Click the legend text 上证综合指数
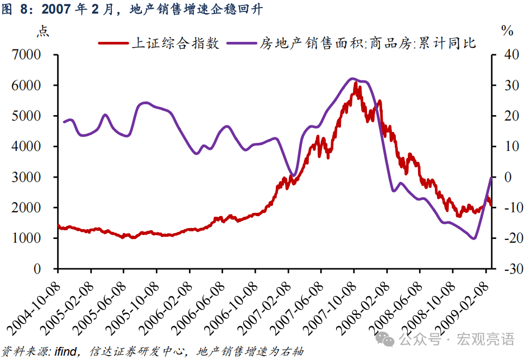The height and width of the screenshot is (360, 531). click(x=176, y=44)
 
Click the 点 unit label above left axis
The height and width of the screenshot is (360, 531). click(x=42, y=31)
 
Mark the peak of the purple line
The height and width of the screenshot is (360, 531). click(x=352, y=79)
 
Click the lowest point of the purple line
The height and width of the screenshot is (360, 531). click(x=474, y=238)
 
